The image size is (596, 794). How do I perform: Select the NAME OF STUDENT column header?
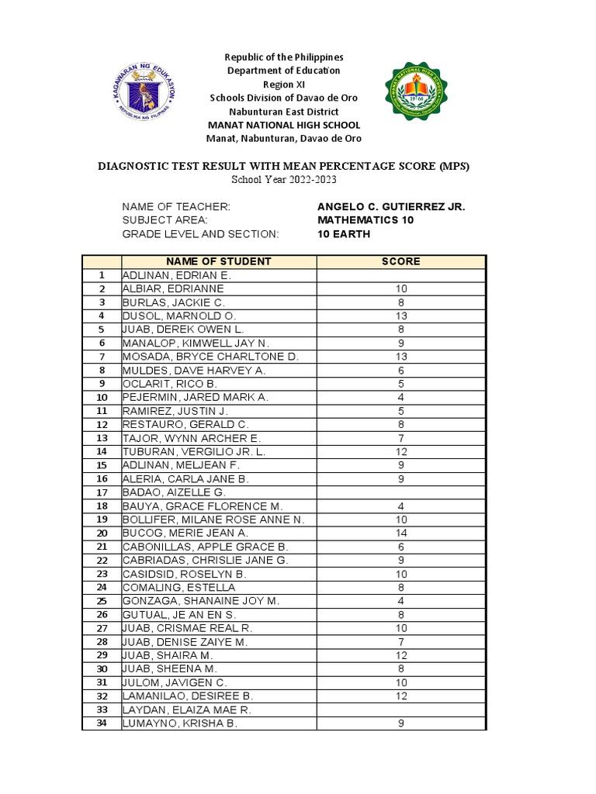(218, 261)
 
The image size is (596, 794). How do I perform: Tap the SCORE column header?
(400, 261)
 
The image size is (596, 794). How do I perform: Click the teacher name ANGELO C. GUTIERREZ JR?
(391, 206)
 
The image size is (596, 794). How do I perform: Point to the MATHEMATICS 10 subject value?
(366, 220)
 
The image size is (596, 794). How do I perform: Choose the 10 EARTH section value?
(344, 234)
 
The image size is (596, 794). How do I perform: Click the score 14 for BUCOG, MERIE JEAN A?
(400, 533)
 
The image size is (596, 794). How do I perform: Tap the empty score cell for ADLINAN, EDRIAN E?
(400, 275)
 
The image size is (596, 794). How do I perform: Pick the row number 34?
(101, 723)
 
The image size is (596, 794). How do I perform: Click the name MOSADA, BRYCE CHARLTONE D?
(210, 357)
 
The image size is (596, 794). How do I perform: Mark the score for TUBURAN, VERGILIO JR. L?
(400, 451)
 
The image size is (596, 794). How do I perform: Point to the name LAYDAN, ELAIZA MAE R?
(186, 709)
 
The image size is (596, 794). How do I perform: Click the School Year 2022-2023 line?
(283, 180)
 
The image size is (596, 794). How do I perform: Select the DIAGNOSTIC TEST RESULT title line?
(282, 166)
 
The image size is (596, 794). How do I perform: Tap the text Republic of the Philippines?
(283, 57)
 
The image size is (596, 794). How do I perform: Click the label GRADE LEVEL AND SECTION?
(199, 234)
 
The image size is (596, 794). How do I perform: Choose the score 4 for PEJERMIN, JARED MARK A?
(400, 397)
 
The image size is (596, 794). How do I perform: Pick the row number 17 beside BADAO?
(101, 492)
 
